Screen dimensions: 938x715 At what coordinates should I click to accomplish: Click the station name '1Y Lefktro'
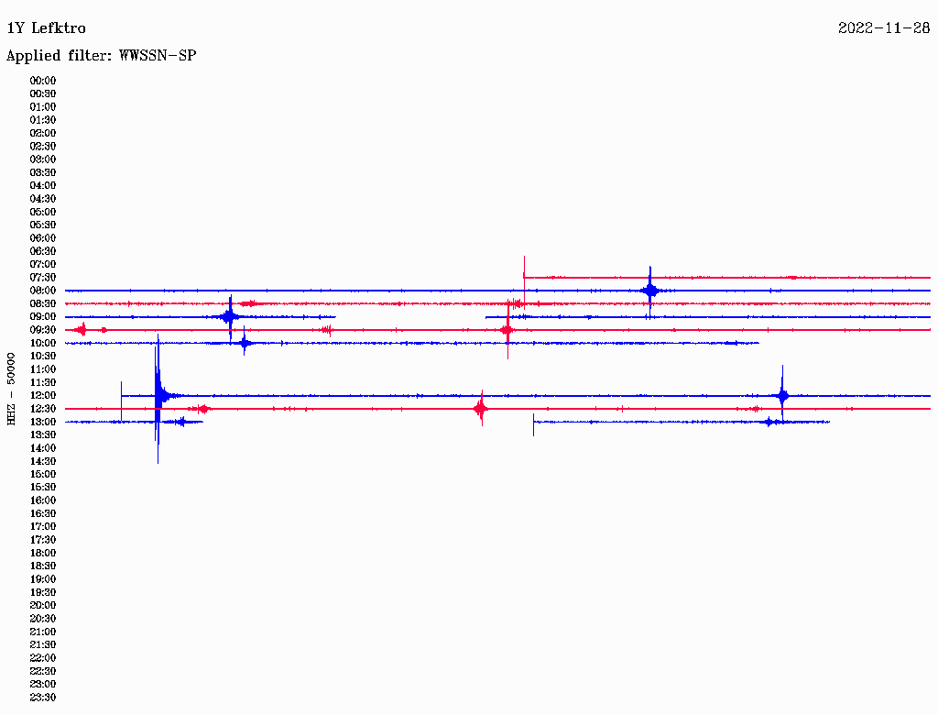tap(46, 28)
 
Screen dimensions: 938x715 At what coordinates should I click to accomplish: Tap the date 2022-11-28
tap(884, 28)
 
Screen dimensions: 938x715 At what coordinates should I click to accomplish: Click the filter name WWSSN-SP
tap(158, 56)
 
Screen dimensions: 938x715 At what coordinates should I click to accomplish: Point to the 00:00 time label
tap(43, 81)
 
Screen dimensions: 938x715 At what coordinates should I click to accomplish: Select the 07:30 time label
tap(43, 277)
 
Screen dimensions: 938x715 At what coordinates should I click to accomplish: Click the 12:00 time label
tap(43, 395)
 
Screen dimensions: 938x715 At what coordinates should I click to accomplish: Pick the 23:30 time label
tap(43, 697)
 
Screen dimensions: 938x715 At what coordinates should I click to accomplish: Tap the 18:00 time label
tap(43, 553)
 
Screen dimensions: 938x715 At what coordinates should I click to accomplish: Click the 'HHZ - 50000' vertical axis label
tap(11, 389)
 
